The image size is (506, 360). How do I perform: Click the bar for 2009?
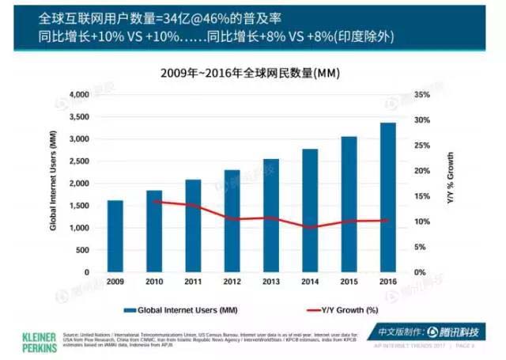(115, 236)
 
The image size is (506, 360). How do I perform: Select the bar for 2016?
(389, 197)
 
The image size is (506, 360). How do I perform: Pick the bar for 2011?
(193, 225)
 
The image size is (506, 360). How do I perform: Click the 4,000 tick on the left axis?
(82, 94)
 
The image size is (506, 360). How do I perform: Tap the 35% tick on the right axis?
(423, 94)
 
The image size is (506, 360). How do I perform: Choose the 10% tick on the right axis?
(423, 222)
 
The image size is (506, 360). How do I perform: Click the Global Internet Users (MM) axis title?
(53, 182)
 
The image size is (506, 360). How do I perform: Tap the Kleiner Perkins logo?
(29, 337)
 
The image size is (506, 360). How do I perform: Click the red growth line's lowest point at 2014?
(310, 228)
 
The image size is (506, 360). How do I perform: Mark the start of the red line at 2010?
(154, 201)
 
